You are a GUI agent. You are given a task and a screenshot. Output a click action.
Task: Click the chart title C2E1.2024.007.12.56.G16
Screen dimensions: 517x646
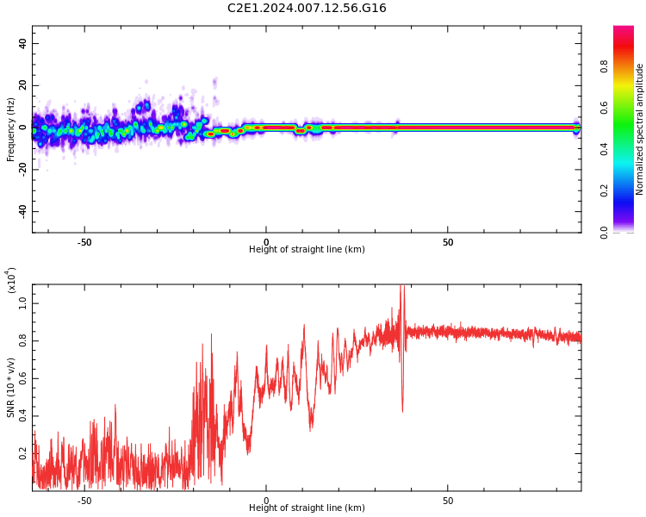(x=307, y=9)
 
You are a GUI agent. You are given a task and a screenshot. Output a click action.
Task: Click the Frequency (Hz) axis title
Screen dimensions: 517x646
(x=11, y=129)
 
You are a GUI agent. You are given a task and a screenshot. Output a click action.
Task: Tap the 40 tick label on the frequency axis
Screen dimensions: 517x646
(x=22, y=44)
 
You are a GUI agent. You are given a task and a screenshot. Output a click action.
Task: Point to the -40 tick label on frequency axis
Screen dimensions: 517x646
(x=21, y=211)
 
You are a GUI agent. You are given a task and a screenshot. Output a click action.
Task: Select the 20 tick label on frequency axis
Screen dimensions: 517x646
(x=22, y=86)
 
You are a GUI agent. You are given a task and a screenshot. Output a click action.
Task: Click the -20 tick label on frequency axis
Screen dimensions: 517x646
(x=21, y=170)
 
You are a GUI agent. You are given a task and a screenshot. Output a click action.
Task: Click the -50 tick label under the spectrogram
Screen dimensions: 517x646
(x=84, y=242)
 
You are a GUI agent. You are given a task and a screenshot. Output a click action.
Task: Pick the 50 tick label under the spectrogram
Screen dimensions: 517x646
(x=448, y=242)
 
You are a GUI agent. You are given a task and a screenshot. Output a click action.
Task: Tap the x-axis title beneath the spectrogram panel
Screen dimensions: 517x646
(x=307, y=250)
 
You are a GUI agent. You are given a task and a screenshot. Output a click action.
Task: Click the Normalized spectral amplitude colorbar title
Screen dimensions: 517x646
(x=640, y=129)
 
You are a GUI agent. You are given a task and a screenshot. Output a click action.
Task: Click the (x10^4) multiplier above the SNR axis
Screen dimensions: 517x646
(x=11, y=281)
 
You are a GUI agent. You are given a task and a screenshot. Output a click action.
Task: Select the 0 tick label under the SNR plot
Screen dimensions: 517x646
(x=266, y=501)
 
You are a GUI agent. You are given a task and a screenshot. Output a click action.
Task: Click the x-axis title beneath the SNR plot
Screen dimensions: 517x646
(x=307, y=508)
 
